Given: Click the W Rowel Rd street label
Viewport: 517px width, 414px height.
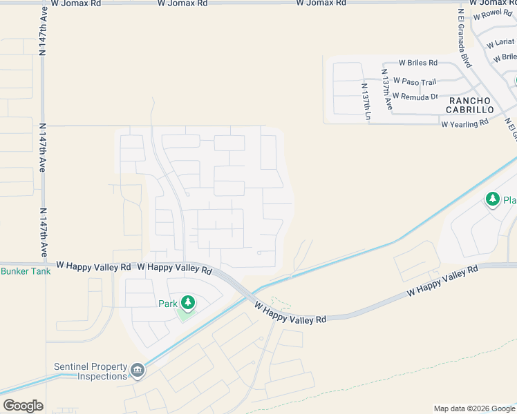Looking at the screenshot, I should (x=492, y=13).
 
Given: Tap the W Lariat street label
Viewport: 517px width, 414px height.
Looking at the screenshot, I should (x=499, y=43).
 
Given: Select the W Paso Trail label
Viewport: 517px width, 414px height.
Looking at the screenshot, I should (x=415, y=81).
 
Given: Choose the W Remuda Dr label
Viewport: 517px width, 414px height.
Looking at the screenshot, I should (x=415, y=97).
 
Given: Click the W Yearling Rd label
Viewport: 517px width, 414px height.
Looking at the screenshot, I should (x=464, y=122).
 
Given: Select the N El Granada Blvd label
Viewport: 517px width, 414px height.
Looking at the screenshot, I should (x=464, y=38).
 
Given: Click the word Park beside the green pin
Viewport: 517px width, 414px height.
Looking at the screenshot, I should (x=168, y=304).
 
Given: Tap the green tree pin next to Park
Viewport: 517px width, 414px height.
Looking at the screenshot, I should (x=187, y=302).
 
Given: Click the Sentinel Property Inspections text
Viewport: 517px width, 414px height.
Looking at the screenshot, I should (x=91, y=371).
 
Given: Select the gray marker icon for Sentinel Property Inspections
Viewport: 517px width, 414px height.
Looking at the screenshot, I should (x=138, y=371).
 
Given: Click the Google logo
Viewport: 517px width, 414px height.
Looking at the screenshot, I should (x=23, y=406).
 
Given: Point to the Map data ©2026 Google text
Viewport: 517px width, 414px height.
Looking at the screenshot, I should (x=474, y=408).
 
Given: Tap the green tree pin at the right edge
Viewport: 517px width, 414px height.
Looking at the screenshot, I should (x=492, y=200).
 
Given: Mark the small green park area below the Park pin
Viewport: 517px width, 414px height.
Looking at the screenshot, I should (x=185, y=314).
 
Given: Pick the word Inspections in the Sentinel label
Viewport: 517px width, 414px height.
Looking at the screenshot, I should (x=102, y=376).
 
